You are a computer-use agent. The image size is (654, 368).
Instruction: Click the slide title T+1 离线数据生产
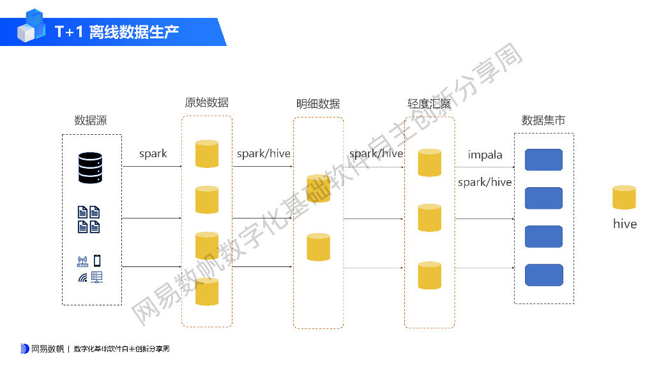coord(117,31)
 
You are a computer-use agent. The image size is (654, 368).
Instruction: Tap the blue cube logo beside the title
coord(31,26)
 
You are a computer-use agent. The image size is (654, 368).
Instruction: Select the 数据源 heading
coord(91,120)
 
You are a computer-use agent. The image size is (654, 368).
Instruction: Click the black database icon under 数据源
coord(90,167)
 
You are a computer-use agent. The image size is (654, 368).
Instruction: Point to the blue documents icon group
coord(89,219)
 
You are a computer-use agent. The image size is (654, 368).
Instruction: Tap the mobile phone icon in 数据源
coord(97,261)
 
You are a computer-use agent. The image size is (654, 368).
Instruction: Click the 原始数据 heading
coord(206,102)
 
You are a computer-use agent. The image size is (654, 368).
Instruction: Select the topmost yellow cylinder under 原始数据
coord(207,154)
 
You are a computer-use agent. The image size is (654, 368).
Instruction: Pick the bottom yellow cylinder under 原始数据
coord(207,292)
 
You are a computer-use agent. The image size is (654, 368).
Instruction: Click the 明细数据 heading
coord(318,103)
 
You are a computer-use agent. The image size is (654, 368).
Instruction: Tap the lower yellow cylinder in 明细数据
coord(318,247)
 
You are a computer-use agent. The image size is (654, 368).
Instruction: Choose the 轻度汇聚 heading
coord(430,103)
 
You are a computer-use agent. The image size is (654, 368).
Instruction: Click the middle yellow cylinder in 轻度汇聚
coord(430,218)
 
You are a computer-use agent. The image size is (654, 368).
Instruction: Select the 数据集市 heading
coord(544,120)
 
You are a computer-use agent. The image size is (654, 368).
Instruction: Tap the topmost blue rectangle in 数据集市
coord(544,160)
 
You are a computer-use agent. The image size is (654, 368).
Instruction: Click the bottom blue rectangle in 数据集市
coord(544,275)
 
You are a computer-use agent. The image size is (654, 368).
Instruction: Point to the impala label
coord(485,155)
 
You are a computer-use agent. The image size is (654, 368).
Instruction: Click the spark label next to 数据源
coord(153,153)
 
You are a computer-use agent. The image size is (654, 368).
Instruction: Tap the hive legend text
coord(625,224)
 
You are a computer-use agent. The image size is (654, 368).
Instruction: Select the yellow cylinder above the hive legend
coord(624,197)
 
